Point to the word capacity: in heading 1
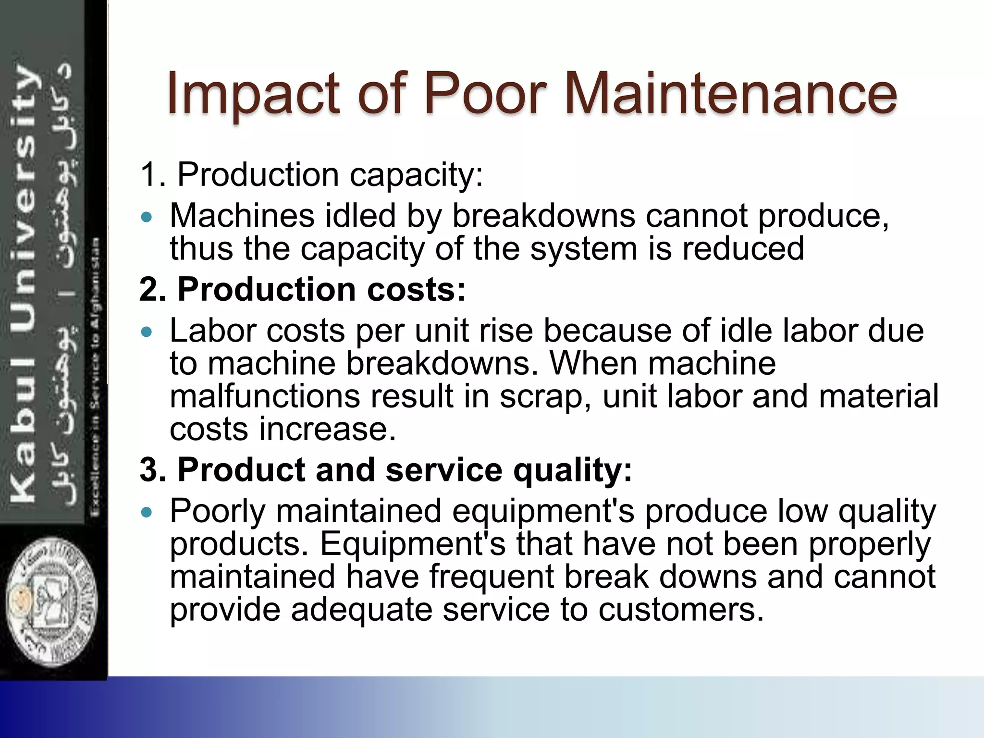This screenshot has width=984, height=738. [416, 176]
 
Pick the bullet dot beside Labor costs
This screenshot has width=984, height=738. [147, 332]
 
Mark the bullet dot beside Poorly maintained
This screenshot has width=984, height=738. [147, 512]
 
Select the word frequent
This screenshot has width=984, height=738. [491, 577]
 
